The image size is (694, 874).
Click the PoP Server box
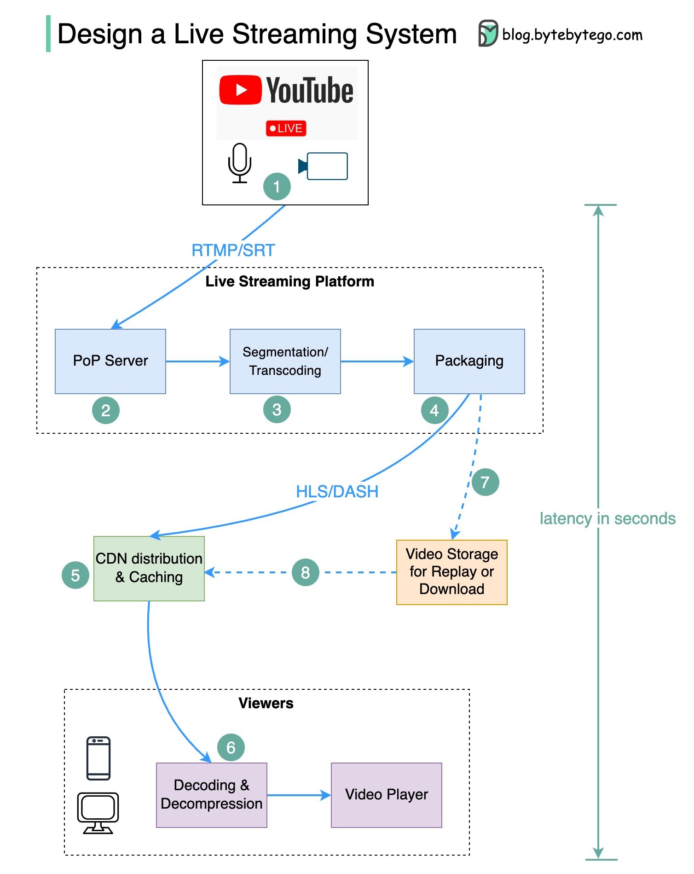[110, 361]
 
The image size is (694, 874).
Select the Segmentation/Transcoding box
[285, 361]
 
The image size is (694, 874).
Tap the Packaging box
[469, 361]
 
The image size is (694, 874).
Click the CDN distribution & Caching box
[149, 568]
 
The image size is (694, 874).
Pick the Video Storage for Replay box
[451, 572]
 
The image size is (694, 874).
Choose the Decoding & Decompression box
[211, 795]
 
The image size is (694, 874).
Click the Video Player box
[386, 795]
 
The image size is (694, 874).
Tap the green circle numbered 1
[277, 186]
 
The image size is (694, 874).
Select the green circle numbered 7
[485, 482]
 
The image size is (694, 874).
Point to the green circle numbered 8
[305, 572]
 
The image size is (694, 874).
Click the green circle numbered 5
[75, 575]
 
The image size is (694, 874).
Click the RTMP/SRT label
[233, 251]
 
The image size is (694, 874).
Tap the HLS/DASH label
[337, 492]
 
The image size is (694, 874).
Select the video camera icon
[324, 166]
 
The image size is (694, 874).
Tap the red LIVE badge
[286, 128]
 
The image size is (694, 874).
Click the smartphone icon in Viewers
[98, 758]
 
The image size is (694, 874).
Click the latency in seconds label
[607, 519]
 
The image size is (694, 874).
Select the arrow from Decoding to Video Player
[298, 795]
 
